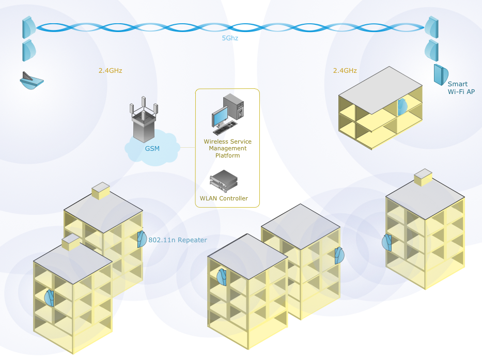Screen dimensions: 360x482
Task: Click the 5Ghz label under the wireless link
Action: coord(230,38)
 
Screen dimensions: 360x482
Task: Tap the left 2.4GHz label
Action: coord(110,70)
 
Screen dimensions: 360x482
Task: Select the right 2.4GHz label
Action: coord(345,70)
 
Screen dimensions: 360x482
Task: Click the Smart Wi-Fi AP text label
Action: coord(460,88)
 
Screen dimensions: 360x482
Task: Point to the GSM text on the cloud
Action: coord(152,149)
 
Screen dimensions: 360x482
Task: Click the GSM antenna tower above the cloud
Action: coord(144,121)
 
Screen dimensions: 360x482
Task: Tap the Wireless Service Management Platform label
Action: coord(227,148)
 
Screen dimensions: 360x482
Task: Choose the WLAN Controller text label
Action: coord(224,198)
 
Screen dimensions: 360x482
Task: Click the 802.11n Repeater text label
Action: coord(177,240)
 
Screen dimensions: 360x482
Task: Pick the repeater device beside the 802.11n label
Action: coord(142,239)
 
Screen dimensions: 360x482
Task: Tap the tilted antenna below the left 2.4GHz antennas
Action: coord(32,81)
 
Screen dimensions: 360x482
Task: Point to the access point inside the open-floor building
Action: coord(402,107)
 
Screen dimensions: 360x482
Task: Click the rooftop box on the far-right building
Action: coord(423,177)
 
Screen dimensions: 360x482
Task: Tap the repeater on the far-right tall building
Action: coord(387,242)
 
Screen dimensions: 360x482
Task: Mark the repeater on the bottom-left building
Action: coord(50,297)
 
